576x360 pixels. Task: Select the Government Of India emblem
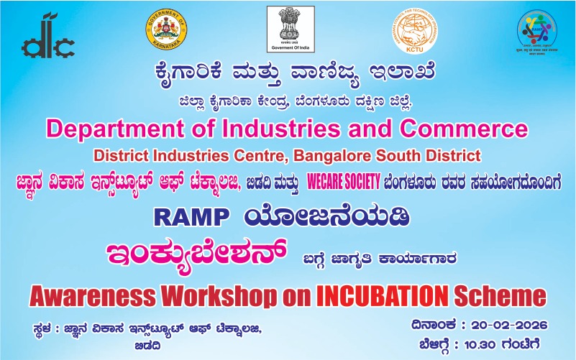[291, 30]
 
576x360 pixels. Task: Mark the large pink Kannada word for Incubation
[196, 254]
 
